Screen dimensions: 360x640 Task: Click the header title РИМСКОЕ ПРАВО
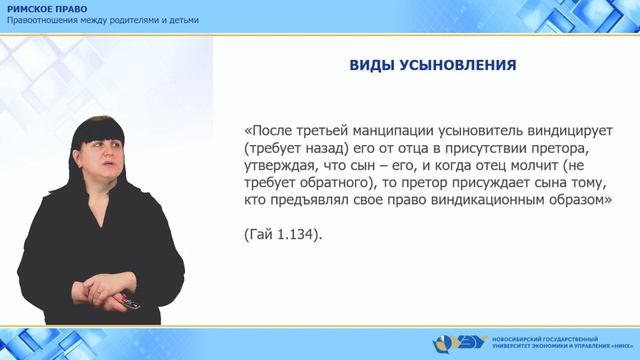[45, 8]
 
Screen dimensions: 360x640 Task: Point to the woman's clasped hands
[112, 291]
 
